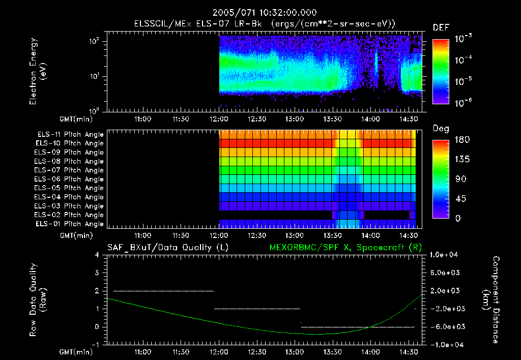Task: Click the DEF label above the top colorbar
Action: pos(441,27)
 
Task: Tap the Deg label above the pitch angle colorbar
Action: pos(441,129)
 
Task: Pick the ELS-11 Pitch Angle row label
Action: pos(70,135)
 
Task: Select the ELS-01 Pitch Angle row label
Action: pos(70,224)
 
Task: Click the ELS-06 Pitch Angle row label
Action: pos(70,179)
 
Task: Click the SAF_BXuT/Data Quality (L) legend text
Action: pos(168,247)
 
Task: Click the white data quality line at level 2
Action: pos(163,291)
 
